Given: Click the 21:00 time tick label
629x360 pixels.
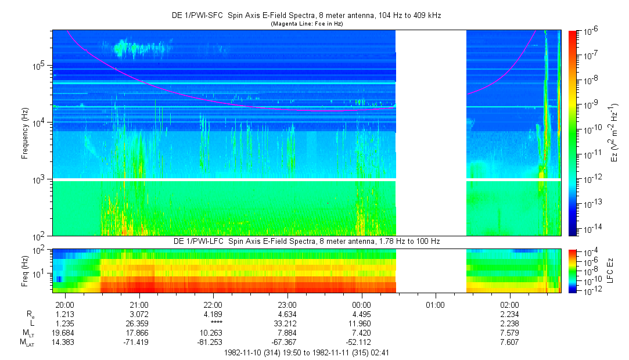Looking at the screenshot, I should pyautogui.click(x=138, y=304).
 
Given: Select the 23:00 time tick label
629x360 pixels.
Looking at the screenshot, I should pyautogui.click(x=287, y=304).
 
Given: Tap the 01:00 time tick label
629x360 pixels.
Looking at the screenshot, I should pyautogui.click(x=436, y=304).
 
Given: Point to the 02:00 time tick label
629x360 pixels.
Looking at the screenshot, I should pyautogui.click(x=510, y=304).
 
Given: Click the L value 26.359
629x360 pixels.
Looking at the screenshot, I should pyautogui.click(x=138, y=323).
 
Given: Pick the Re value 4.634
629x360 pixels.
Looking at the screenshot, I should pyautogui.click(x=287, y=314).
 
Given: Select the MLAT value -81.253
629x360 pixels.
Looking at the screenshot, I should pyautogui.click(x=213, y=341).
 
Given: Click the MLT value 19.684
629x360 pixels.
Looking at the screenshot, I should pyautogui.click(x=64, y=332).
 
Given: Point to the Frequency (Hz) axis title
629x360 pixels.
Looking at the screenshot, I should pyautogui.click(x=25, y=133).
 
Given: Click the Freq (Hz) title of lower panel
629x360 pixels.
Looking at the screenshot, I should pyautogui.click(x=25, y=270).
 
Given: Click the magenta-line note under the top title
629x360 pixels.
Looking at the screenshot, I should pyautogui.click(x=307, y=24).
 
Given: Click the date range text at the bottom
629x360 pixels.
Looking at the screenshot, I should pyautogui.click(x=307, y=352).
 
